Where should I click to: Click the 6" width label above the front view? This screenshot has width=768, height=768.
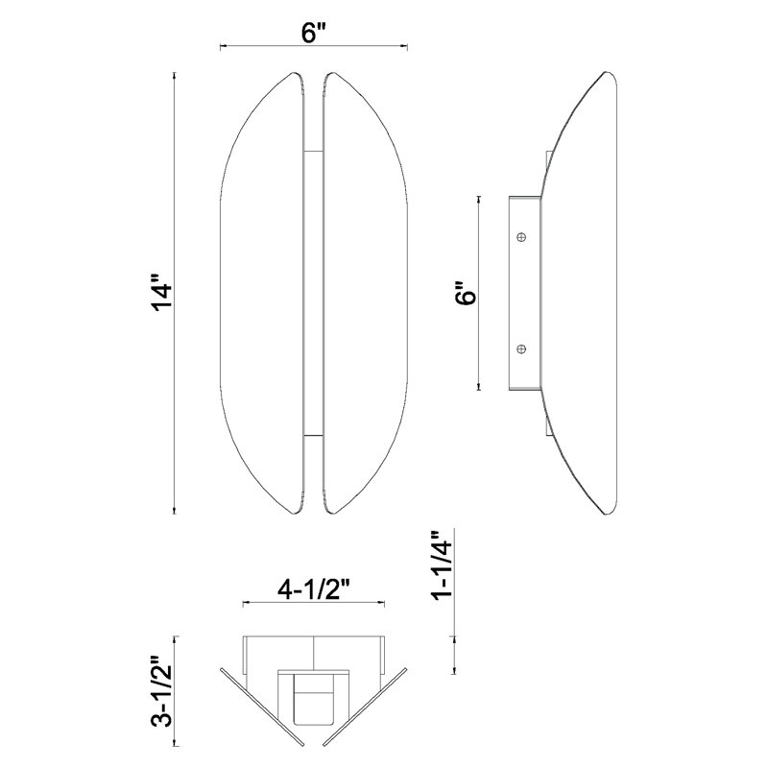(x=314, y=34)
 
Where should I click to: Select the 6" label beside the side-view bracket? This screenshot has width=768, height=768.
(x=466, y=293)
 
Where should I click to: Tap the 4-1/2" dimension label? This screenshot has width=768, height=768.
(x=314, y=591)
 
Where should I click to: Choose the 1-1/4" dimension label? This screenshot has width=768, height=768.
(x=442, y=565)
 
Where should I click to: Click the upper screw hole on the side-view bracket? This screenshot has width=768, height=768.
(x=522, y=237)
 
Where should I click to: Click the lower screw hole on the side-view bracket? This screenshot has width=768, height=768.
(x=522, y=349)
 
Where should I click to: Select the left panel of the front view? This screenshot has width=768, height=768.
(x=261, y=294)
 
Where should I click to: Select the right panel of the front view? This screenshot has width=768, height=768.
(x=366, y=294)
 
